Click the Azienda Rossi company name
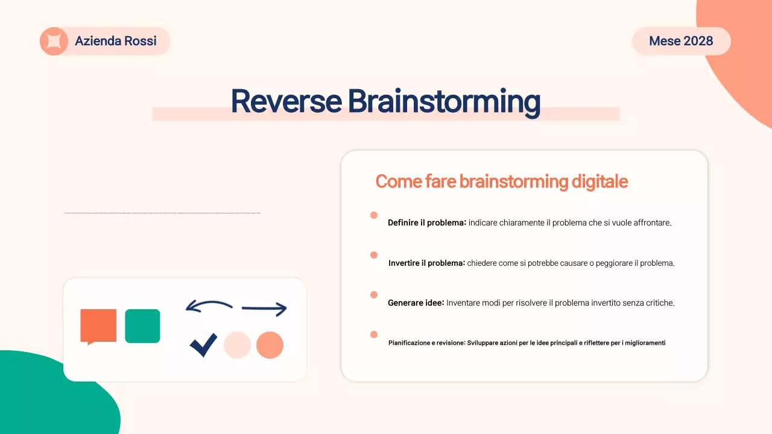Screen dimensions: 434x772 116,41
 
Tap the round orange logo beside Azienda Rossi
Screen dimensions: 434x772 54,42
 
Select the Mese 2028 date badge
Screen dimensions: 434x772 681,41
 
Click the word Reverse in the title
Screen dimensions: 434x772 286,101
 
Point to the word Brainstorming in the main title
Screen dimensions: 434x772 443,101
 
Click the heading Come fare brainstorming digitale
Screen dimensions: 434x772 501,181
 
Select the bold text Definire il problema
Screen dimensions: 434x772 426,223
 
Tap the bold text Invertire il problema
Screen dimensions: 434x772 426,263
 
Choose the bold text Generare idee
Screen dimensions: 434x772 415,303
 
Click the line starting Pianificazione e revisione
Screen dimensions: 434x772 527,343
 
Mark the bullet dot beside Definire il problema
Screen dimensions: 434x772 374,215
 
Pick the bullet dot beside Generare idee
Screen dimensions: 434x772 374,295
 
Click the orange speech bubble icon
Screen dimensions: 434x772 98,326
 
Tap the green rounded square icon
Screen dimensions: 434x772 142,326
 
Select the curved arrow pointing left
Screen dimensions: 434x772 209,306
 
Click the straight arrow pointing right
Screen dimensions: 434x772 264,309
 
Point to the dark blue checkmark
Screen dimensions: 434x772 203,345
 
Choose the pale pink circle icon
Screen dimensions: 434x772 237,345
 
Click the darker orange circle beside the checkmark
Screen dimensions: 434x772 270,345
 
